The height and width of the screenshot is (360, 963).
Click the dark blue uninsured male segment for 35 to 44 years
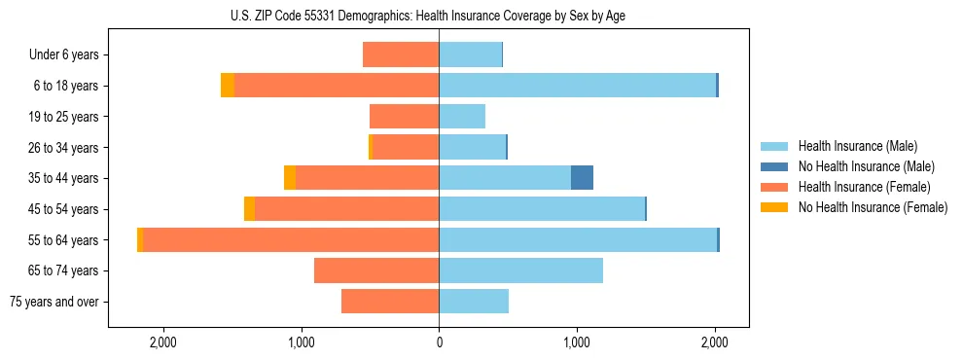582,178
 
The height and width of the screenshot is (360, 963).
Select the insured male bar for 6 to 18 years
577,86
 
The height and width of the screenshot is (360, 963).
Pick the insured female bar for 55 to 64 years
291,240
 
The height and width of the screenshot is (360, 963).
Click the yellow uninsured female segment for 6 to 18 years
228,86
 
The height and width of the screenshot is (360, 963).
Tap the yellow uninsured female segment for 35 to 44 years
290,178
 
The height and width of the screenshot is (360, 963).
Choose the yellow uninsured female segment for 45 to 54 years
250,209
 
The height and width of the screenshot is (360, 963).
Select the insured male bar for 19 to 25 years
462,117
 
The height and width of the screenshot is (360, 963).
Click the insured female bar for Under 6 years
401,55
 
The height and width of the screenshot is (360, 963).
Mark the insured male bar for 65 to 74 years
520,270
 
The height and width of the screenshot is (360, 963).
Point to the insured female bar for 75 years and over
390,302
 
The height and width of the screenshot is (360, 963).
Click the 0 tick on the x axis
439,342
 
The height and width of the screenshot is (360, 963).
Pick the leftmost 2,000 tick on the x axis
162,342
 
